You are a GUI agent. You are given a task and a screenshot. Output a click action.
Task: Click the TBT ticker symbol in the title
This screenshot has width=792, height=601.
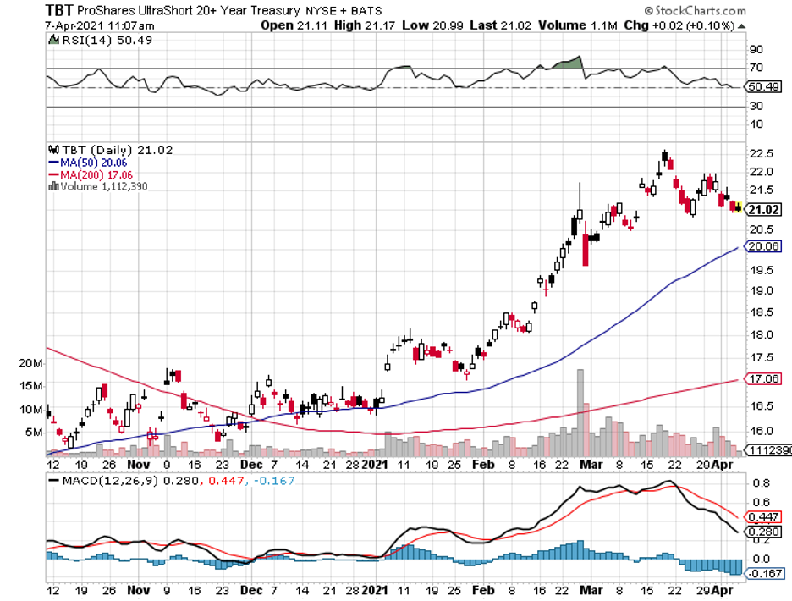pyautogui.click(x=22, y=11)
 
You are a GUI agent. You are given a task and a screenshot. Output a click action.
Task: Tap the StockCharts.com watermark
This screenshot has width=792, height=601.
pyautogui.click(x=695, y=12)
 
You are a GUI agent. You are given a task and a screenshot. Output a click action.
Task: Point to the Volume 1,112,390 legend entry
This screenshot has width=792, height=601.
pyautogui.click(x=100, y=186)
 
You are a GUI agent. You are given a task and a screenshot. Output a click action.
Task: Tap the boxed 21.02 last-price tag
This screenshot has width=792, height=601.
pyautogui.click(x=764, y=210)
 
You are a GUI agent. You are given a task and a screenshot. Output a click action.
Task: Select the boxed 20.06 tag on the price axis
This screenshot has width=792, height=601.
pyautogui.click(x=764, y=246)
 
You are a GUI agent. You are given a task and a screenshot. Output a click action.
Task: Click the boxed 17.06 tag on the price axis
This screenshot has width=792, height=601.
pyautogui.click(x=764, y=379)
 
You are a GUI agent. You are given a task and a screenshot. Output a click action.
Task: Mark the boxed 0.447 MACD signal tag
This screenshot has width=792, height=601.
pyautogui.click(x=764, y=516)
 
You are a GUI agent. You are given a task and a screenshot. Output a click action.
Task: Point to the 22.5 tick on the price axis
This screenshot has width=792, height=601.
pyautogui.click(x=761, y=153)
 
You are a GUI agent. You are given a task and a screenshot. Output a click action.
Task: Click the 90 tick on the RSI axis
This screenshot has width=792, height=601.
pyautogui.click(x=756, y=50)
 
